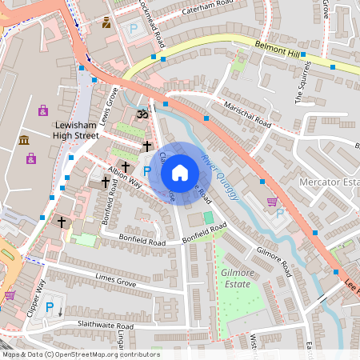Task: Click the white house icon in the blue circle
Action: coord(180,173)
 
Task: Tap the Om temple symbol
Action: coord(142,114)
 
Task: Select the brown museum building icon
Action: coord(23,141)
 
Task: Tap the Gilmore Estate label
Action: coord(238,278)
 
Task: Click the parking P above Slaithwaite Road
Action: coord(50,307)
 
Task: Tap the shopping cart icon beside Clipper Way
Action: coord(10,295)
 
